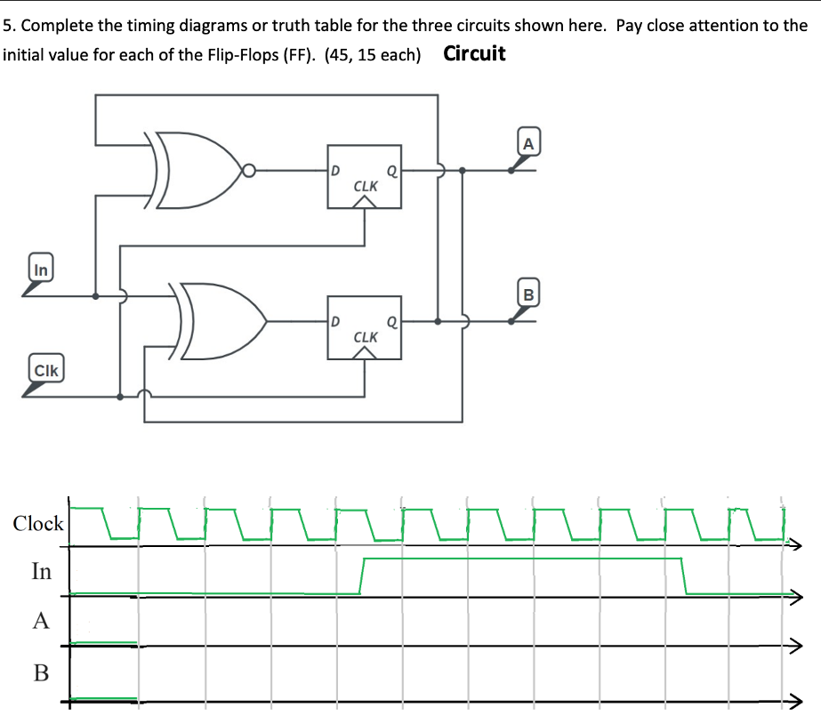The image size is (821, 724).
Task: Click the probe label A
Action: (528, 141)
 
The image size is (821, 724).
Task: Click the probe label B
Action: (528, 292)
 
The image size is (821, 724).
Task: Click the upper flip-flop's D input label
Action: (335, 166)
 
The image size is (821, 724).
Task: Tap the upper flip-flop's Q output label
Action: (391, 166)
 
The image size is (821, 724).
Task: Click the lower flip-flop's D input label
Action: (335, 318)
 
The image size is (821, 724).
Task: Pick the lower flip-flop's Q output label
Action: (391, 318)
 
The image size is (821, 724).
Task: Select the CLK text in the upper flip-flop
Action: (366, 187)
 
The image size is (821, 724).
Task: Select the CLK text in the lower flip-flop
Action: (366, 338)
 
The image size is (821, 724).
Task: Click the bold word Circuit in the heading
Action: (474, 53)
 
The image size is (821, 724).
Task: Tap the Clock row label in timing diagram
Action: (38, 524)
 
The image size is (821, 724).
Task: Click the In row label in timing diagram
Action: (42, 571)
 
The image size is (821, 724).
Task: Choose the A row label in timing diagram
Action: (41, 621)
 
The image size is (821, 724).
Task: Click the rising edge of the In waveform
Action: (361, 575)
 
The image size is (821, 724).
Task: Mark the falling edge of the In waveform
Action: (684, 575)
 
